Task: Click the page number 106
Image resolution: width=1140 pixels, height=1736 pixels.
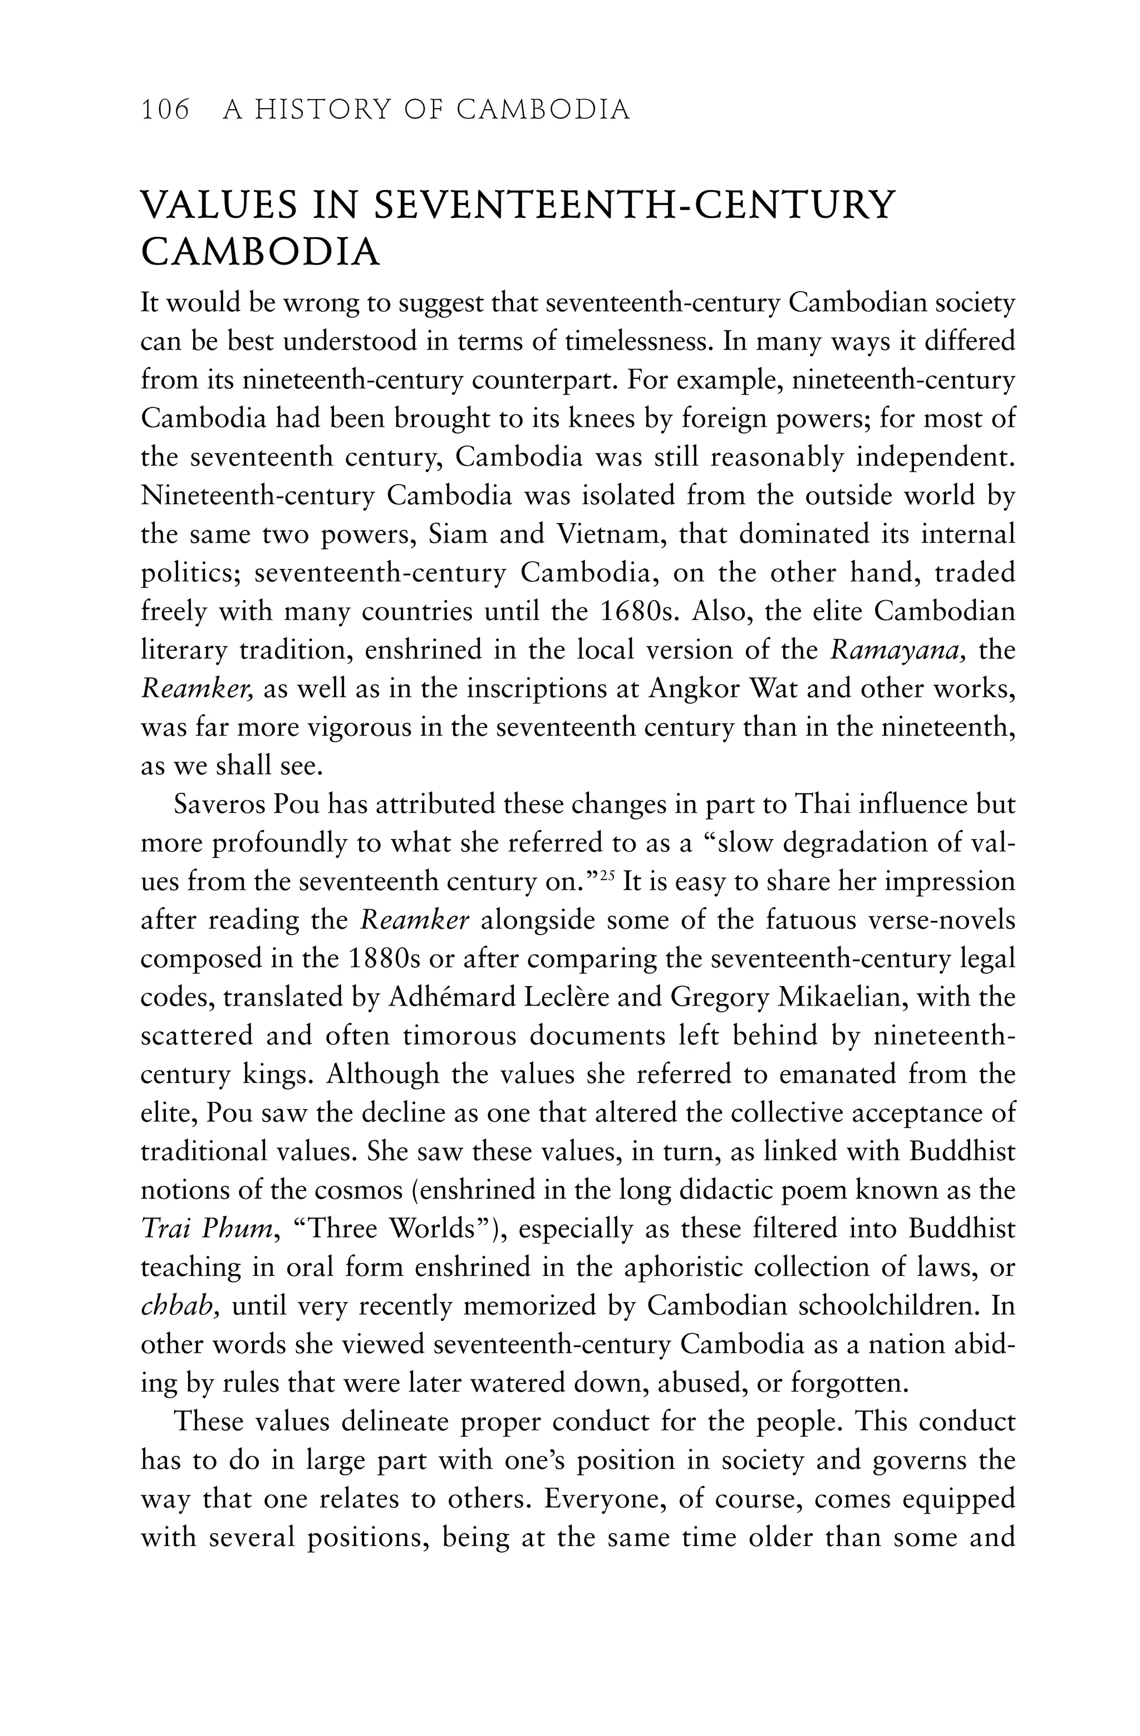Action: pyautogui.click(x=165, y=110)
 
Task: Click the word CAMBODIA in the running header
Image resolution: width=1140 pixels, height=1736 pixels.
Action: pyautogui.click(x=543, y=110)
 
